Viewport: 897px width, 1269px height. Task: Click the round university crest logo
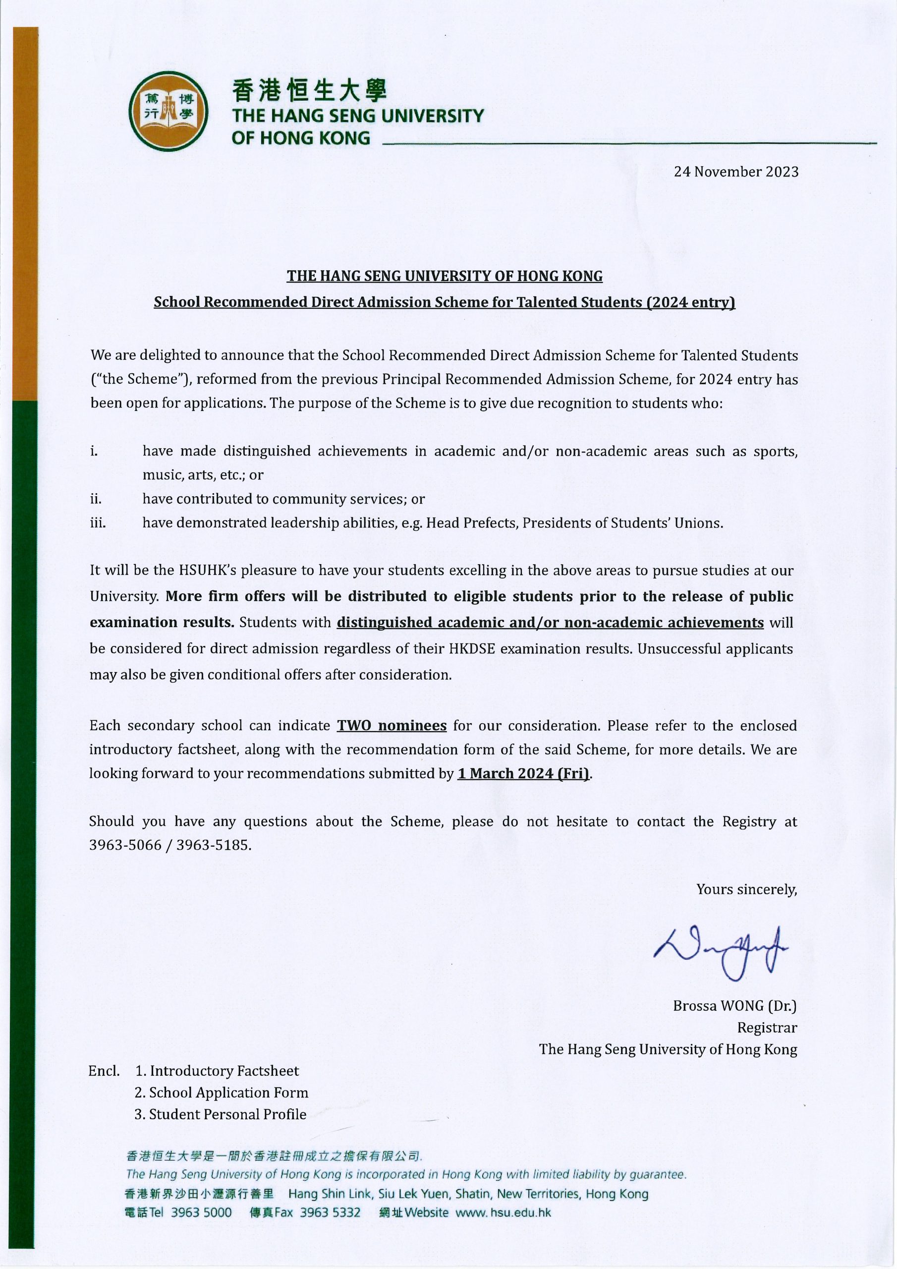[x=168, y=111]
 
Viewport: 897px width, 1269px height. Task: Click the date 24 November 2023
[x=735, y=172]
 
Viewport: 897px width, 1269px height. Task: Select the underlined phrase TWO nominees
[x=392, y=726]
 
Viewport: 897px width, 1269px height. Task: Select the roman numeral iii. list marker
[x=98, y=523]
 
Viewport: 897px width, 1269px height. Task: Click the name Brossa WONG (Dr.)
[x=734, y=1006]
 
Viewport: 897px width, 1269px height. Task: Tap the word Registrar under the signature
[x=767, y=1028]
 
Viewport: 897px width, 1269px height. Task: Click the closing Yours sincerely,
[x=746, y=889]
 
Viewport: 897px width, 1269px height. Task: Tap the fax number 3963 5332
[x=330, y=1212]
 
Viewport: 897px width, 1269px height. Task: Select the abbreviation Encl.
[x=104, y=1071]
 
